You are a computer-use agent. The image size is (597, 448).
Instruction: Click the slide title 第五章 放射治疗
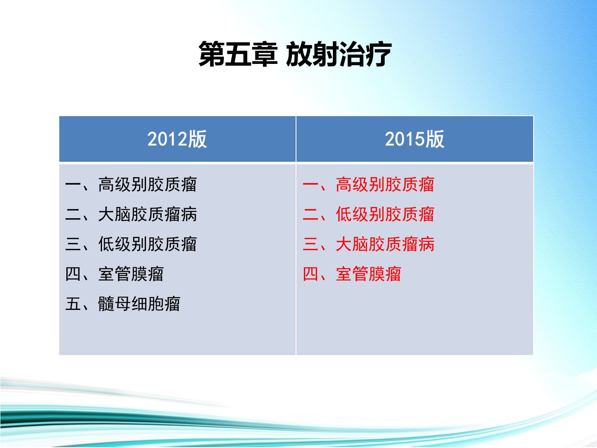295,54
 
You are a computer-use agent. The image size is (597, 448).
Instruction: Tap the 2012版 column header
177,139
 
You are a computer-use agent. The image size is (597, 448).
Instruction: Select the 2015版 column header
415,139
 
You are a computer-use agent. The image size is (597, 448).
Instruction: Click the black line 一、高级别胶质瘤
131,185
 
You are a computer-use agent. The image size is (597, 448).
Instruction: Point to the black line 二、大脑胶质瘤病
131,214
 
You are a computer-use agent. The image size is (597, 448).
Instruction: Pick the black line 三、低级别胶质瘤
131,244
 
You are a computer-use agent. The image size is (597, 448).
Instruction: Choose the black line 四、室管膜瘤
114,274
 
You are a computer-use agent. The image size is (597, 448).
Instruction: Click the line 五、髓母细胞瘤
123,304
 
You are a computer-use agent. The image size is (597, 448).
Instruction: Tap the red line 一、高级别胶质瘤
369,185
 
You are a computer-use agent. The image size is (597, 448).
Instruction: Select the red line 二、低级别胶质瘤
369,214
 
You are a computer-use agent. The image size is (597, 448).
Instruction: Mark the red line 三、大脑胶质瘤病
369,244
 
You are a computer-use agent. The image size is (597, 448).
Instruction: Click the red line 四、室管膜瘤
352,274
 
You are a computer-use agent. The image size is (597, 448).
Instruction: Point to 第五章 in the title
238,54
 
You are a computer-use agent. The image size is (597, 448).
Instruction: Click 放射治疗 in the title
339,54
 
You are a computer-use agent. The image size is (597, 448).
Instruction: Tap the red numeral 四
311,274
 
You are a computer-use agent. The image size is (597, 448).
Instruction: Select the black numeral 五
73,304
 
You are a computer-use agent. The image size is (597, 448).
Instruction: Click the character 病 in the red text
427,244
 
